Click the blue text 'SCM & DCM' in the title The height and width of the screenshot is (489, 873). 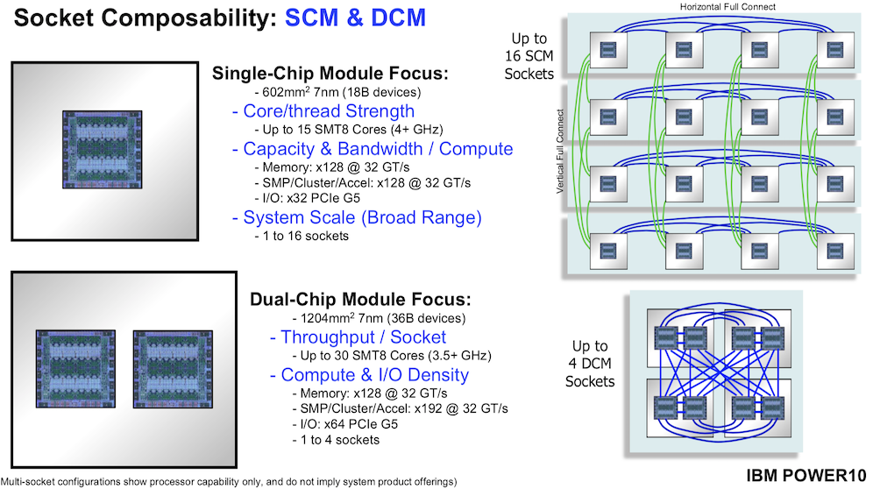click(x=356, y=18)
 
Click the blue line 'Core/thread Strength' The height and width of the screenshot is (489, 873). click(x=323, y=111)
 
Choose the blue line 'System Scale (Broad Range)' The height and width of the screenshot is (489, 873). click(x=357, y=217)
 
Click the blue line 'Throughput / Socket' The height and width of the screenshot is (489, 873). click(x=358, y=337)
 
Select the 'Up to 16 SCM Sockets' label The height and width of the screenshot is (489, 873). click(x=530, y=57)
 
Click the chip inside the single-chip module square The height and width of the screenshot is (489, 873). click(x=101, y=149)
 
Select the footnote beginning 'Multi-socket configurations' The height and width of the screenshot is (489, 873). click(x=229, y=482)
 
